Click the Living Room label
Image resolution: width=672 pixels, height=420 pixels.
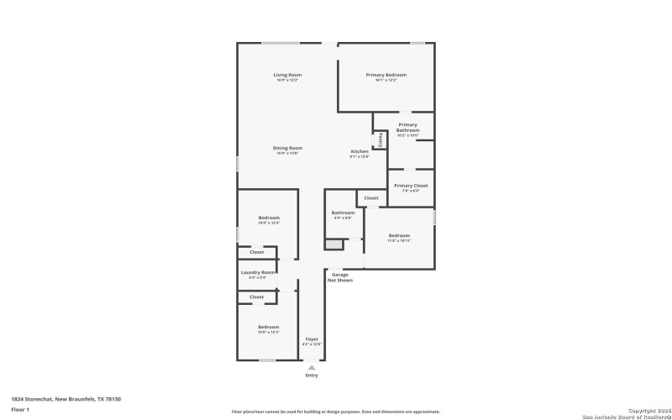(287, 76)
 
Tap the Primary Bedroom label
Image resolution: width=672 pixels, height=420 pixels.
(386, 76)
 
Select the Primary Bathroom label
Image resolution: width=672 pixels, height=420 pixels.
(408, 128)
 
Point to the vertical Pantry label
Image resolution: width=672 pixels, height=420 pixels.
(381, 139)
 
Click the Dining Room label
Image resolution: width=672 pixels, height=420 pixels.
(287, 149)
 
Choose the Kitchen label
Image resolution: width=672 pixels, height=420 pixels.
(360, 152)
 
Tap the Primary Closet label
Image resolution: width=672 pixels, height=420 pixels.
(411, 185)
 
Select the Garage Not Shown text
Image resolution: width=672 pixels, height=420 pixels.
(340, 277)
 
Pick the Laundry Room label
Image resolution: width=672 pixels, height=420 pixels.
(258, 273)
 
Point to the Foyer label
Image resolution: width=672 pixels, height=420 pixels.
(312, 340)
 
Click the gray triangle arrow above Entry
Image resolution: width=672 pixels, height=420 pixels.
(312, 367)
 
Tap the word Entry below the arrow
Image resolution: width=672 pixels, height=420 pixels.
(312, 375)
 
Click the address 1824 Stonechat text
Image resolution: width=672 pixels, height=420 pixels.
(66, 399)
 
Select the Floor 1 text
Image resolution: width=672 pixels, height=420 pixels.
(20, 409)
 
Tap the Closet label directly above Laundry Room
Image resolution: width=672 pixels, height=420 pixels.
(257, 252)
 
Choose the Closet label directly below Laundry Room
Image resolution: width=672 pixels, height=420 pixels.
(257, 297)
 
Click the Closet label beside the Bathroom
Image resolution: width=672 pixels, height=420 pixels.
(371, 198)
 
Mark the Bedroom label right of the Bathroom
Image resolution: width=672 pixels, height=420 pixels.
(399, 236)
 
